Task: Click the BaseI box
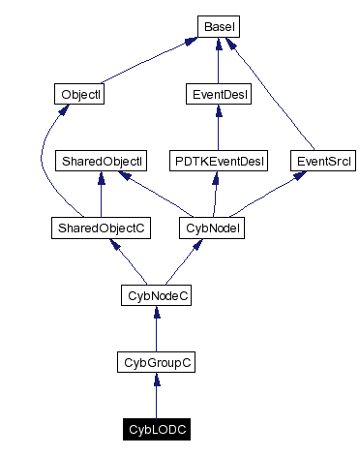218,25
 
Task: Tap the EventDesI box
218,94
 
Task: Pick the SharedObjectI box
101,160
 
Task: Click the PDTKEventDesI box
218,160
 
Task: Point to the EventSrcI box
319,160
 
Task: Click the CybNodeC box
156,294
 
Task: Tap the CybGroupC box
156,362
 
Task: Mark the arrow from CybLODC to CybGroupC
156,397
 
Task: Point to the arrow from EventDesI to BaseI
218,60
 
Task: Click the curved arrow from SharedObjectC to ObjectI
41,165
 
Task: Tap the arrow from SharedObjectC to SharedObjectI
101,194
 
